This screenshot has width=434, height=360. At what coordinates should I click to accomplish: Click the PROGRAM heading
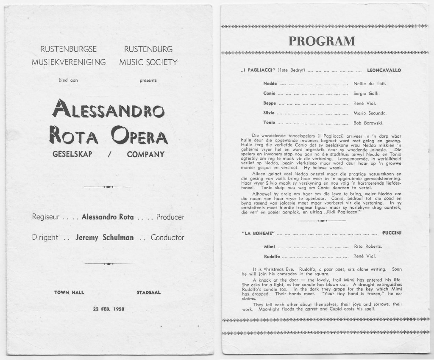click(322, 41)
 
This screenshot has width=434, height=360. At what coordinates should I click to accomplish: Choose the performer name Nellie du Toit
click(370, 83)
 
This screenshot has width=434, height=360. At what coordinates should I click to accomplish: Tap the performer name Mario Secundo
click(370, 113)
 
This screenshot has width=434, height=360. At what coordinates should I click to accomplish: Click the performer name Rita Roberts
click(368, 246)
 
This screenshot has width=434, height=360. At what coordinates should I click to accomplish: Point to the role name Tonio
click(270, 123)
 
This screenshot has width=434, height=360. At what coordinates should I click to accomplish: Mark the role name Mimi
click(269, 246)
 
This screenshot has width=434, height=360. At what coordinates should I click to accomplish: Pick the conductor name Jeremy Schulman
click(105, 238)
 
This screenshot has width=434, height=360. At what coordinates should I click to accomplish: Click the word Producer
click(170, 217)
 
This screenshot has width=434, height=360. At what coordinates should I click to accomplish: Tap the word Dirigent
click(45, 238)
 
